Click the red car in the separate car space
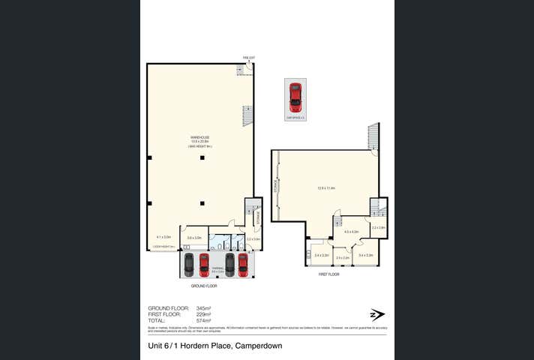295,97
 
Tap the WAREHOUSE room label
199,138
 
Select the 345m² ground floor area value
203,308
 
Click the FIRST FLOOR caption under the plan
328,274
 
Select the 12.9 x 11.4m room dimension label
326,187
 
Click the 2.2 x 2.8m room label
378,227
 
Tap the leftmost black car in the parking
188,264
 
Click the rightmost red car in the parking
243,264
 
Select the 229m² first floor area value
203,314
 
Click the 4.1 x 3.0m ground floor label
163,237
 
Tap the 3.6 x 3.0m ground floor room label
194,238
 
